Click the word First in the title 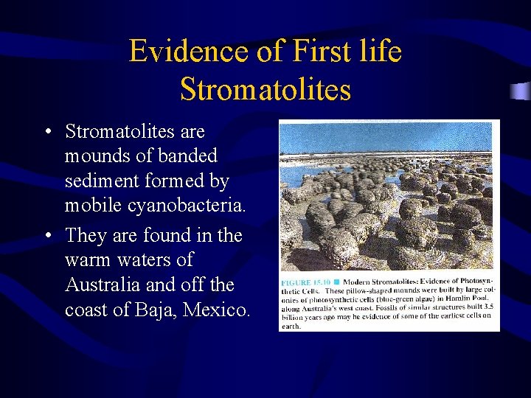pos(319,52)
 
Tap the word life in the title pos(381,52)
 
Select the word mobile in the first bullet pos(95,206)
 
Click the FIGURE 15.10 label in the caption pos(304,283)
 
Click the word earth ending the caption pos(291,325)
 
